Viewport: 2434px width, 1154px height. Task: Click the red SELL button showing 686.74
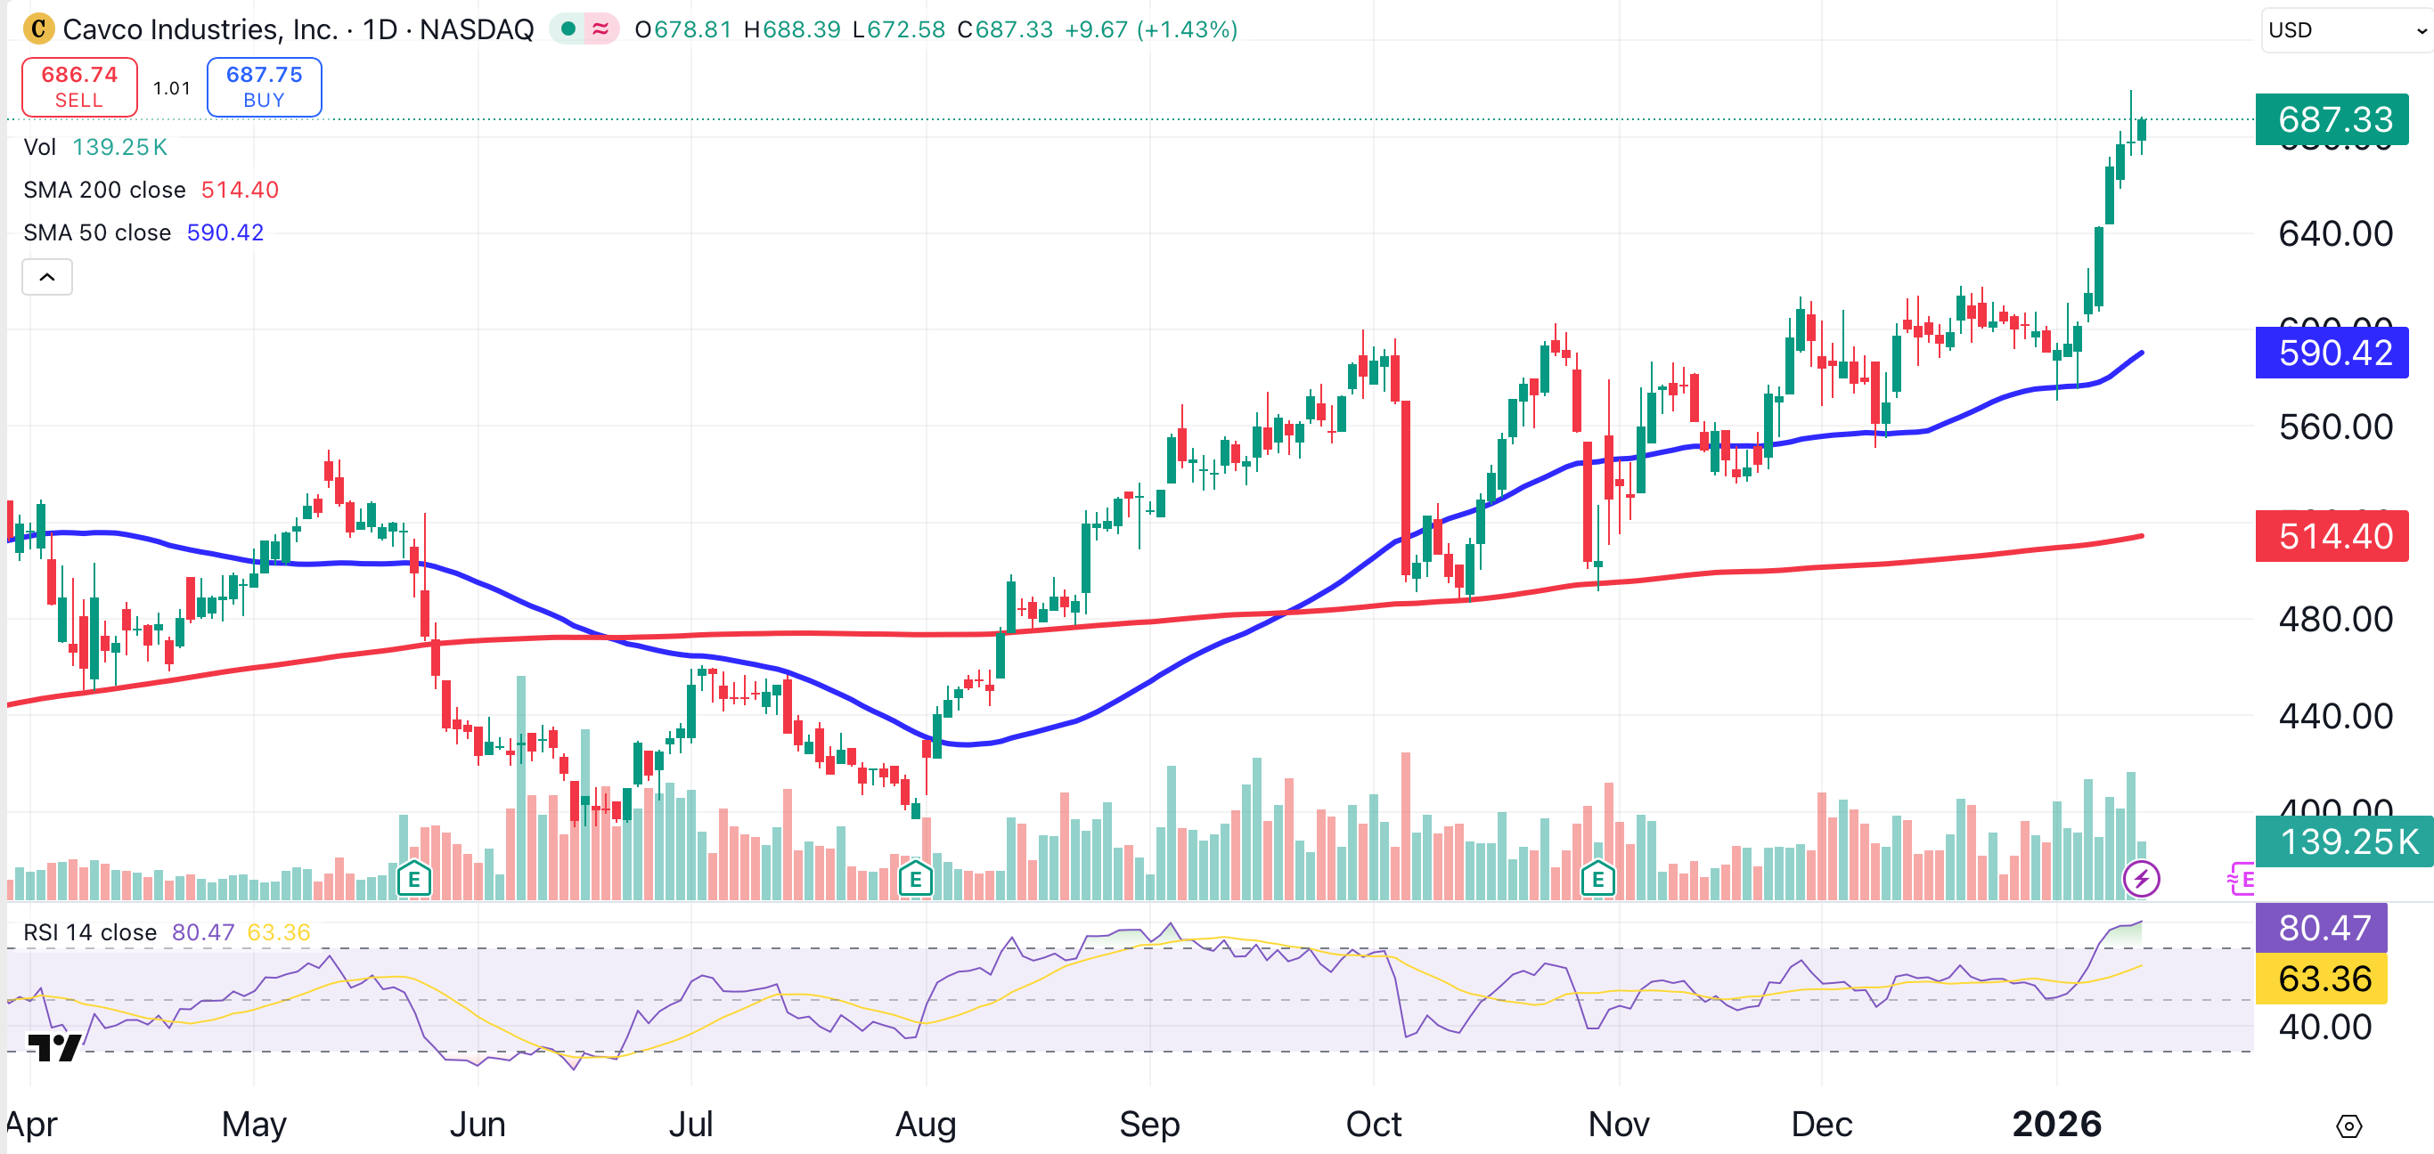point(79,87)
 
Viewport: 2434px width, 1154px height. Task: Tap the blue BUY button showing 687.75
point(264,87)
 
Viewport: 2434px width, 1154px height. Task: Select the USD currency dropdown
point(2343,30)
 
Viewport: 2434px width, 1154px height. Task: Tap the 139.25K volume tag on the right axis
point(2343,841)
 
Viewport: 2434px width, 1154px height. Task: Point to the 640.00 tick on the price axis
point(2335,234)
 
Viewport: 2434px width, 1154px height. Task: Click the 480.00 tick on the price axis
point(2335,620)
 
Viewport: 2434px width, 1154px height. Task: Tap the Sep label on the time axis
point(1149,1124)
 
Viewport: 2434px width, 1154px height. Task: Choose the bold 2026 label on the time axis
point(2056,1124)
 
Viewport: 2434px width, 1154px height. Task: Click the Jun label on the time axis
point(478,1124)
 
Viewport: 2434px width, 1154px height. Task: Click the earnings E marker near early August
point(915,880)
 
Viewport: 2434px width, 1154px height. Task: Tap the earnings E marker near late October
point(1597,880)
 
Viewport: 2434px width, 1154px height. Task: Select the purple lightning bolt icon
point(2140,880)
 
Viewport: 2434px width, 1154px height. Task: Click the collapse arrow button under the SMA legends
point(47,278)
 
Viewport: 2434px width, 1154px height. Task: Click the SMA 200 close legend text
point(104,190)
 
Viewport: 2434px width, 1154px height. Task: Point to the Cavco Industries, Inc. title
point(200,29)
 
